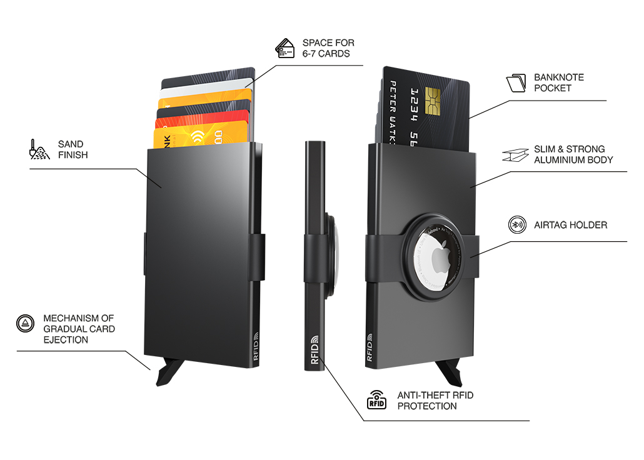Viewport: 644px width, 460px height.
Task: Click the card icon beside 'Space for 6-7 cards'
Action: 285,48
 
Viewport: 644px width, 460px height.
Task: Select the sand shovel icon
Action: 39,149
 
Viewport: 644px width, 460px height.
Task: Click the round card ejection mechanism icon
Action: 25,323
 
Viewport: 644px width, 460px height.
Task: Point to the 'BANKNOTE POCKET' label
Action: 558,82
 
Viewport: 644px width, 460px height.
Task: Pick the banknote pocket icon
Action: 516,83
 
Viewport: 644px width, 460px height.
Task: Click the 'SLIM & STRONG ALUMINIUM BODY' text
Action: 573,154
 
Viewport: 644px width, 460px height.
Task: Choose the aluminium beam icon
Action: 516,154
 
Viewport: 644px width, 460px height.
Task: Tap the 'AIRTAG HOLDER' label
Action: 570,225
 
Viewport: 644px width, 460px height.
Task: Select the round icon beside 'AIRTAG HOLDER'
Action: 516,225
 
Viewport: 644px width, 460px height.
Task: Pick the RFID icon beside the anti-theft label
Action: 376,400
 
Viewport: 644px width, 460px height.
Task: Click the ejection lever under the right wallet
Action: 451,373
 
